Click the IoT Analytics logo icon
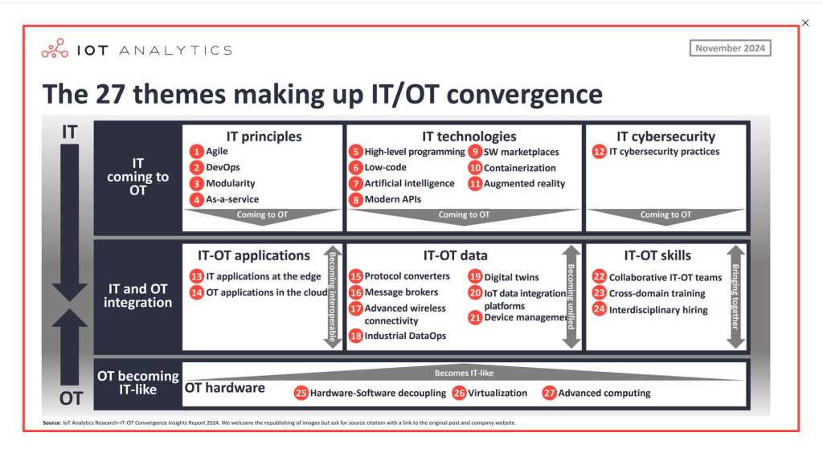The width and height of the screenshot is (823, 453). click(55, 48)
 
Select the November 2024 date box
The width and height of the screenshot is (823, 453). click(730, 48)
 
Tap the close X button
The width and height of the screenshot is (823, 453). click(805, 23)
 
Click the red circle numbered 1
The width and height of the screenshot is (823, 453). click(197, 152)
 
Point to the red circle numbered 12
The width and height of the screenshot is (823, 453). click(599, 152)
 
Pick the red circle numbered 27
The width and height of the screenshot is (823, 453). click(549, 393)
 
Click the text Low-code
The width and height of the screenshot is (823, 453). click(385, 168)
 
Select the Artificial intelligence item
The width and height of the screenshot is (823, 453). click(409, 183)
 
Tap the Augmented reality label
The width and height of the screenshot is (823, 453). click(524, 183)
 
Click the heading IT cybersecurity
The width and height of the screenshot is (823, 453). click(665, 137)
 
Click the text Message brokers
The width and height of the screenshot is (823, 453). click(401, 292)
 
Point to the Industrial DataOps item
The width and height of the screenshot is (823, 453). click(405, 335)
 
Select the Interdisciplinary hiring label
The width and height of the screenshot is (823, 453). click(658, 310)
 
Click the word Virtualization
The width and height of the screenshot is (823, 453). click(497, 393)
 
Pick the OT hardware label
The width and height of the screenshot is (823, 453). click(225, 388)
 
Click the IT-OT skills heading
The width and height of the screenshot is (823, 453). click(657, 255)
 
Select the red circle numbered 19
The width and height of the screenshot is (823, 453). click(476, 276)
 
